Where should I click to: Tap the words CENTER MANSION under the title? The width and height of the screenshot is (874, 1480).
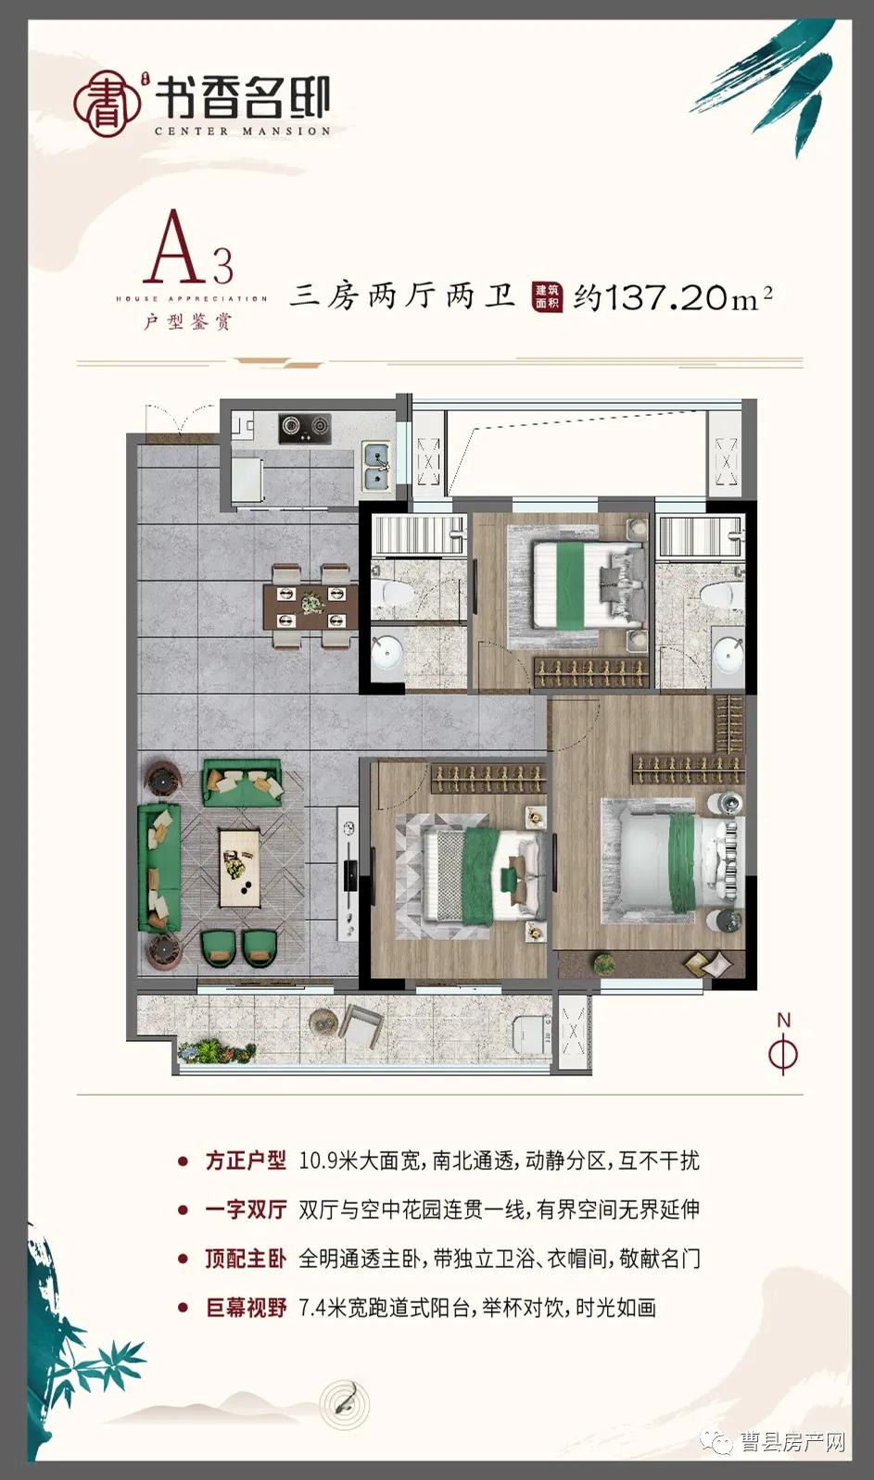pyautogui.click(x=242, y=132)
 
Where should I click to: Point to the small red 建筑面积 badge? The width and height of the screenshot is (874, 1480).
pyautogui.click(x=547, y=296)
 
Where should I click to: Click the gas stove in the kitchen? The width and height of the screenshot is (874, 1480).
pyautogui.click(x=305, y=427)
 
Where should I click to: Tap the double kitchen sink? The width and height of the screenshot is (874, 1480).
pyautogui.click(x=376, y=466)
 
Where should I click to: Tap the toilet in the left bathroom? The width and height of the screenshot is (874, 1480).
pyautogui.click(x=390, y=591)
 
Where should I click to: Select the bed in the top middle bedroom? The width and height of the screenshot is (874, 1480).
pyautogui.click(x=584, y=584)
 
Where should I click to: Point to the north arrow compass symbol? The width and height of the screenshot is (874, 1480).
pyautogui.click(x=783, y=1046)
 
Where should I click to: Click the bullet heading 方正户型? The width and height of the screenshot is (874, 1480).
pyautogui.click(x=246, y=1160)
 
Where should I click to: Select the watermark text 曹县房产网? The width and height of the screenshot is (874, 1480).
pyautogui.click(x=792, y=1442)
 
